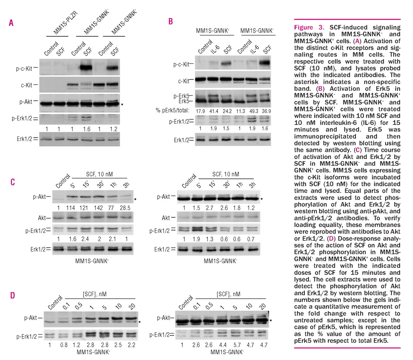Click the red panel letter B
pyautogui.click(x=170, y=22)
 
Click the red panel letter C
pyautogui.click(x=12, y=183)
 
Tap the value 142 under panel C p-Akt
pyautogui.click(x=100, y=208)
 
